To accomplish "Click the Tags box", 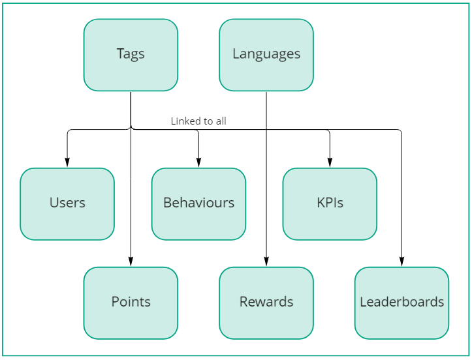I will point(131,55).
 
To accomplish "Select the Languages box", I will point(266,55).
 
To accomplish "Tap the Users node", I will point(67,203).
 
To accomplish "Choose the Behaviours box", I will point(198,203).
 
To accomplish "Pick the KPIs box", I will point(330,203).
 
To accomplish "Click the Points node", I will point(131,303).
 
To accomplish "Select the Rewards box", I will point(266,303).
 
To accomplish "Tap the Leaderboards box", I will point(401,303).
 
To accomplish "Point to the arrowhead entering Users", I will point(67,164).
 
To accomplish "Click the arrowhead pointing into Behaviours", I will point(198,164).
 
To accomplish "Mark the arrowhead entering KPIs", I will point(330,164).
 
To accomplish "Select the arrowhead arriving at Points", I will point(131,263).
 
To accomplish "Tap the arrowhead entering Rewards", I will point(266,263).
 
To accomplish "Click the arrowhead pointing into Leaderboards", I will point(401,263).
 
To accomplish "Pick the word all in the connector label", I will point(221,121).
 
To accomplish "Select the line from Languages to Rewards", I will point(266,176).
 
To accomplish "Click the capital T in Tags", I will point(120,54).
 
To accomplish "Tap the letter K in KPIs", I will point(321,203).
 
